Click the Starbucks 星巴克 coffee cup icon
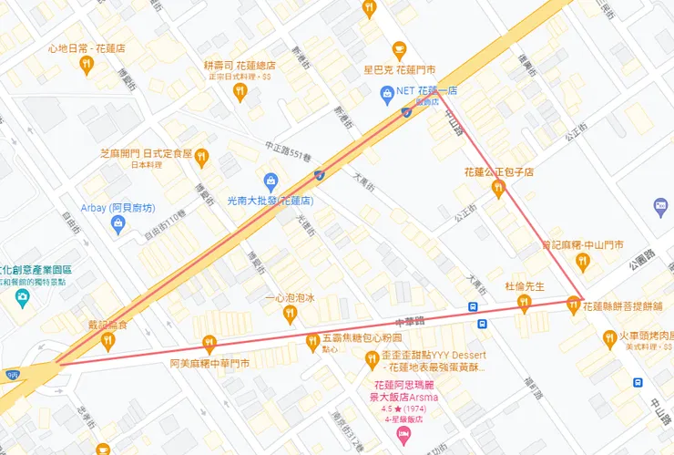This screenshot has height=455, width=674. tap(398, 50)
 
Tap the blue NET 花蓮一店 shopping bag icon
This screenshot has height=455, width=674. tap(388, 93)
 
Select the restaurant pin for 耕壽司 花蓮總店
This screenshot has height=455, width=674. tap(240, 90)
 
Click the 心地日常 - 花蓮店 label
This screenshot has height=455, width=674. tap(87, 48)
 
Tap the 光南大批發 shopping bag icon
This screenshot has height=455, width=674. tap(270, 181)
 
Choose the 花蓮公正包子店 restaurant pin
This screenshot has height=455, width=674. tap(498, 189)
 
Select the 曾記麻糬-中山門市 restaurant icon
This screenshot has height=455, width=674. tap(582, 262)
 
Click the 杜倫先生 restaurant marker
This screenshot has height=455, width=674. tap(524, 303)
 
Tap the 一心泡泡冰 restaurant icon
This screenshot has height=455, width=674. tap(290, 314)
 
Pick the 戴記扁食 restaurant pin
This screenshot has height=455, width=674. tap(108, 340)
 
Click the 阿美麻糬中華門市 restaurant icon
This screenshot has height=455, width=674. tap(209, 343)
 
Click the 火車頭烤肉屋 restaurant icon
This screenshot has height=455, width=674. tap(611, 339)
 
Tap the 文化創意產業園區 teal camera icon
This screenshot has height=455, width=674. tap(23, 298)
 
